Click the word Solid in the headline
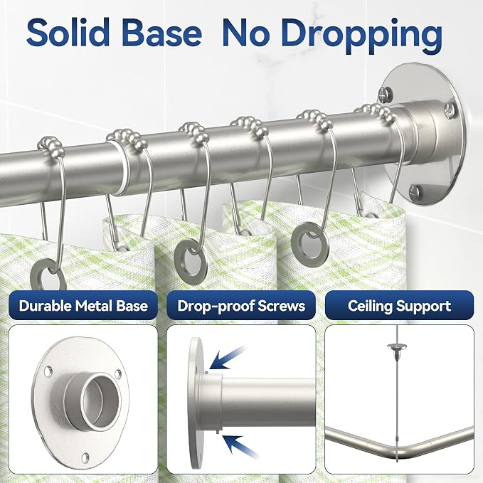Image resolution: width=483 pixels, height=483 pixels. pos(68,32)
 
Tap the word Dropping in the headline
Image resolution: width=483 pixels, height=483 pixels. pos(332,36)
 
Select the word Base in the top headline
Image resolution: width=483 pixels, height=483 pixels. pos(163,32)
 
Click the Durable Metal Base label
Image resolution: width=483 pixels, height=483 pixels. pos(83,306)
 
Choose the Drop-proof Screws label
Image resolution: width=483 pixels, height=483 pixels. pos(241,306)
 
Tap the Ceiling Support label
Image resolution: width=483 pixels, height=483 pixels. pos(399,307)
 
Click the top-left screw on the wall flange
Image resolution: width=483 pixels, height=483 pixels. pos(385,94)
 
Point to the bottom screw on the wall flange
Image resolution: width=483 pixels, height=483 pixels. pos(415,192)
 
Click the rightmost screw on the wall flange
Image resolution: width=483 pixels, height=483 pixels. pos(450,110)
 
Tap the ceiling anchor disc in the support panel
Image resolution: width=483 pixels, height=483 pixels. pos(397,347)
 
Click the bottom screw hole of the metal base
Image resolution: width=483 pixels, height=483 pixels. pos(85,457)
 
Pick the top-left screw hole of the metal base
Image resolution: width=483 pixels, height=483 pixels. pos(48,371)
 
